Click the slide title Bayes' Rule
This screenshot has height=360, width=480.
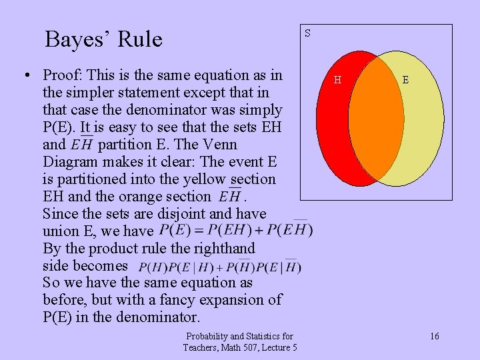click(x=103, y=39)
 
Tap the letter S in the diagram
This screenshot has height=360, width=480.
click(x=307, y=33)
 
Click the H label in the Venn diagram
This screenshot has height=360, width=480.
click(x=337, y=80)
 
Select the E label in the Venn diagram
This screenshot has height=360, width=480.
click(x=405, y=80)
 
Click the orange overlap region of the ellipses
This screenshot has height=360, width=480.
click(x=377, y=120)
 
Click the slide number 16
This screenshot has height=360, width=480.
click(x=434, y=336)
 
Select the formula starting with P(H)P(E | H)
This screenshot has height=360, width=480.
click(x=220, y=267)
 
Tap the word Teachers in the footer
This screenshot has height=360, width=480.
click(x=203, y=347)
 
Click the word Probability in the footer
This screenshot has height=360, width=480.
click(x=210, y=336)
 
